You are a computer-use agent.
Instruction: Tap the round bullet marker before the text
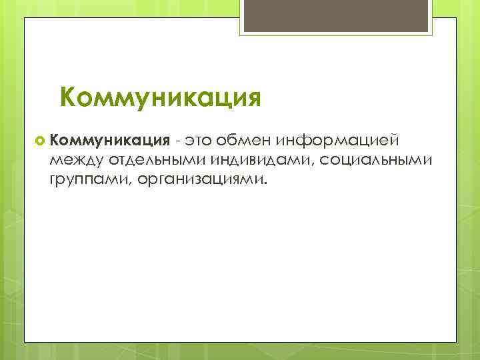tap(39, 141)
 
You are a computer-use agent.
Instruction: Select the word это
tap(199, 140)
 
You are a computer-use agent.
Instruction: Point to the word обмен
tap(246, 140)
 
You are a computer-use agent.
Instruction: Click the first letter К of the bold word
tap(53, 140)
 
